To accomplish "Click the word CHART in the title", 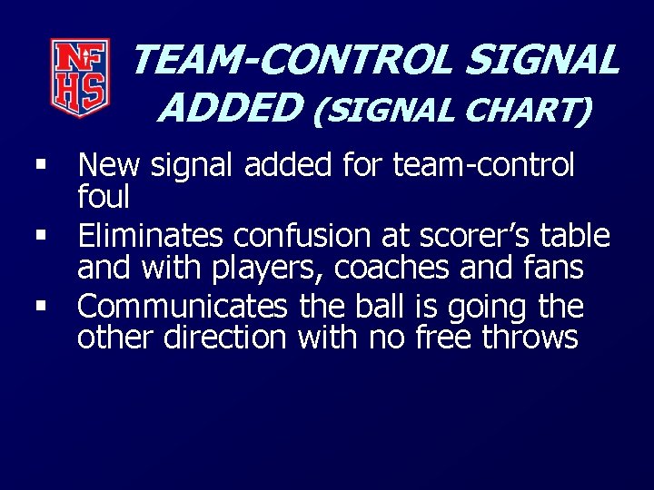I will (529, 111).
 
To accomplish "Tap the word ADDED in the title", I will (230, 109).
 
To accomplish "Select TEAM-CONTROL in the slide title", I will (292, 60).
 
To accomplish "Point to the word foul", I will (104, 196).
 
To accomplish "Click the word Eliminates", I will (150, 236).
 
